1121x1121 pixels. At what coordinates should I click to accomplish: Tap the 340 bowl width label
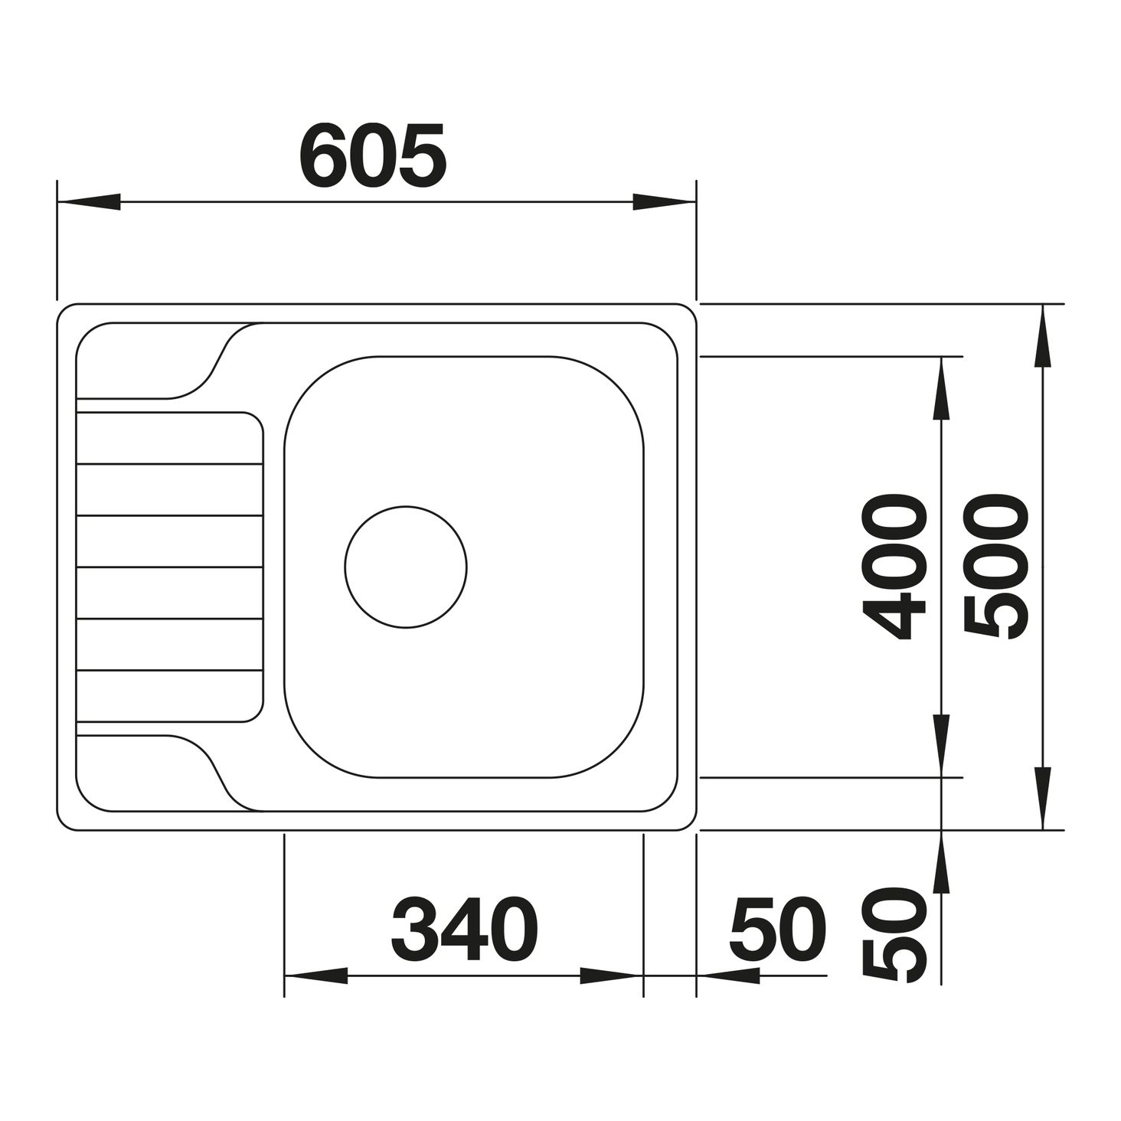(x=465, y=929)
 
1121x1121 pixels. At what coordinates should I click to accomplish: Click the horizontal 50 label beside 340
(x=777, y=929)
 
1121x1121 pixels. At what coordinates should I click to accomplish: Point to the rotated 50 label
(x=894, y=936)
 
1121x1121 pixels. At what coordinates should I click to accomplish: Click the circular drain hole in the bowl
(x=406, y=567)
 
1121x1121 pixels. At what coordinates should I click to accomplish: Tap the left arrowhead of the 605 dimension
(x=89, y=202)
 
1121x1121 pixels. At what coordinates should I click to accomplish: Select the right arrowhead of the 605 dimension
(x=665, y=202)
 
